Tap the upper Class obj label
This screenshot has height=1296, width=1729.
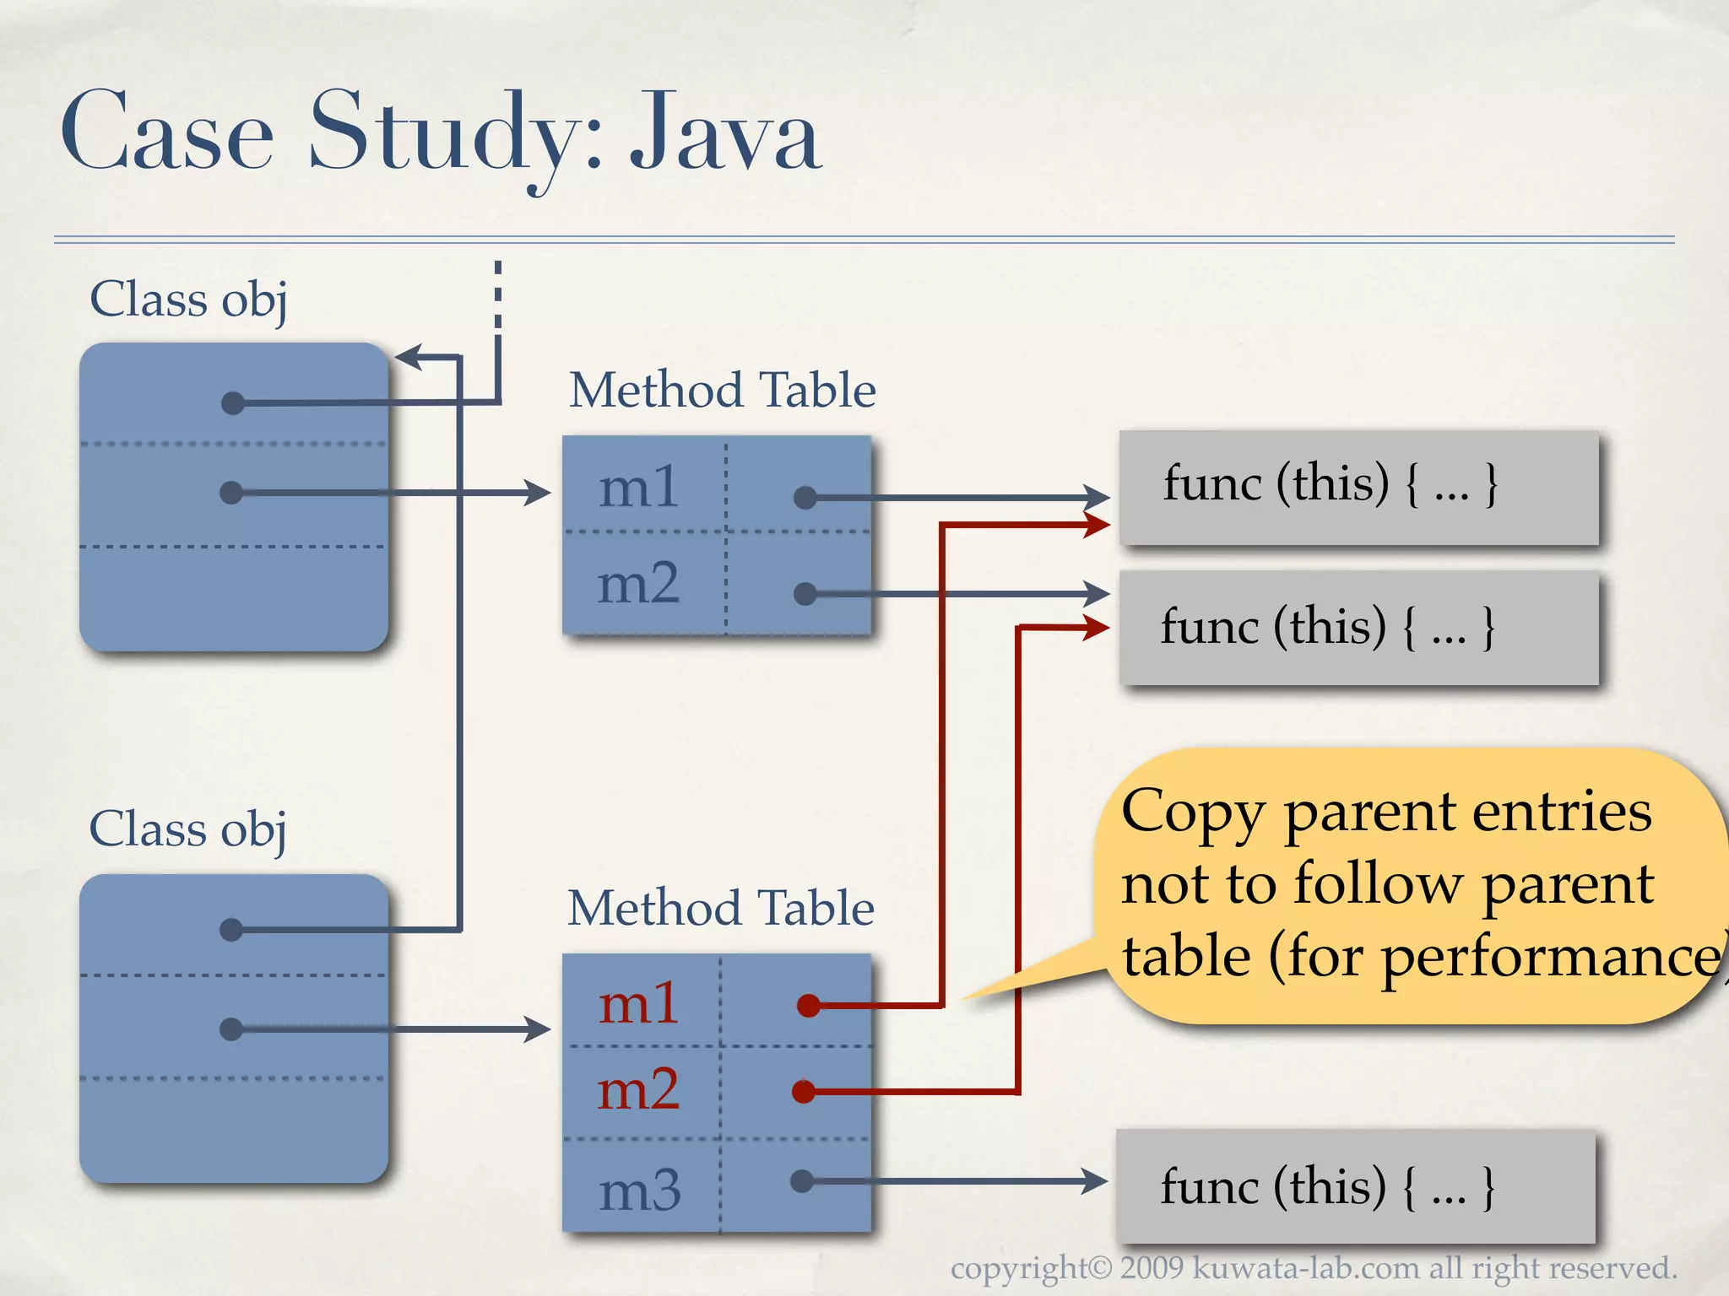pyautogui.click(x=188, y=300)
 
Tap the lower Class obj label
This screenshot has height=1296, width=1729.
pyautogui.click(x=187, y=829)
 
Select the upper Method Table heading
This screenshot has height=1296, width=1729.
pyautogui.click(x=722, y=390)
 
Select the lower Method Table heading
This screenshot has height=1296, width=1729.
pyautogui.click(x=720, y=908)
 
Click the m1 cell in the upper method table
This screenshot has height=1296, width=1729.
pyautogui.click(x=639, y=487)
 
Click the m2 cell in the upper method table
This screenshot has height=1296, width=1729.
pyautogui.click(x=638, y=584)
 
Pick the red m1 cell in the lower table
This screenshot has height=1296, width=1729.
pyautogui.click(x=639, y=1004)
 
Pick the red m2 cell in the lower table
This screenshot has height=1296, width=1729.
pyautogui.click(x=638, y=1090)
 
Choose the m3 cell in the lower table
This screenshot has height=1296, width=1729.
pyautogui.click(x=639, y=1191)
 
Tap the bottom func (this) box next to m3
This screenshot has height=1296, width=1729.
pyautogui.click(x=1355, y=1186)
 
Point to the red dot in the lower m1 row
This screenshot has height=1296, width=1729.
pyautogui.click(x=808, y=1005)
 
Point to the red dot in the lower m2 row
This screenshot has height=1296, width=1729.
pyautogui.click(x=804, y=1092)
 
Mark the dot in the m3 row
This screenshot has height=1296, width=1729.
pyautogui.click(x=802, y=1180)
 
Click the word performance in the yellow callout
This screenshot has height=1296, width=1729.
pyautogui.click(x=1550, y=958)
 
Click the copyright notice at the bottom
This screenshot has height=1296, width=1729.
pyautogui.click(x=1313, y=1268)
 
